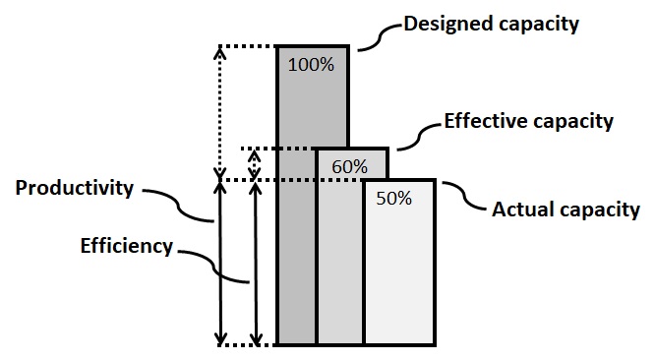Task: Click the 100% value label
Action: tap(312, 66)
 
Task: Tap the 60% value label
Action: tap(349, 166)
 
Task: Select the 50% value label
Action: tap(393, 198)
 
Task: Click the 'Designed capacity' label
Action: tap(492, 22)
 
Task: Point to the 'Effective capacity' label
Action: tap(529, 122)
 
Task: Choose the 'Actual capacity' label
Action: tap(565, 210)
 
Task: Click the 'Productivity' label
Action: tap(74, 188)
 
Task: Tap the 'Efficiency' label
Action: tap(126, 246)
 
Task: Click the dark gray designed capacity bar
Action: tap(296, 246)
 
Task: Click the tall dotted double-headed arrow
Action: tap(220, 108)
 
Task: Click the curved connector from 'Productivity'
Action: tap(187, 207)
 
